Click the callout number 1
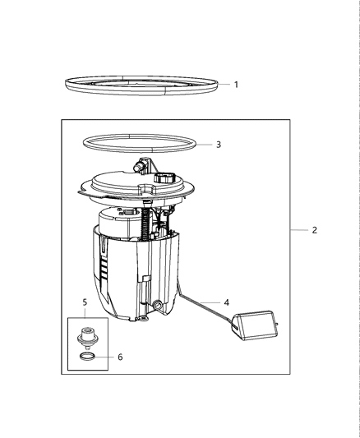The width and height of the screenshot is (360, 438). click(x=237, y=84)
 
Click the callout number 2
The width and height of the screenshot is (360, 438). click(x=314, y=230)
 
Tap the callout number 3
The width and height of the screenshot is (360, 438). click(x=218, y=145)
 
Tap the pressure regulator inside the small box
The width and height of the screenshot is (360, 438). click(x=85, y=338)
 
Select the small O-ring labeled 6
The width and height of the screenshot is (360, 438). click(x=86, y=357)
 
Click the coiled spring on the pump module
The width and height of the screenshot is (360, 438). click(x=148, y=223)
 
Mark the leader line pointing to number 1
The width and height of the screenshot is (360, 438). click(x=225, y=84)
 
